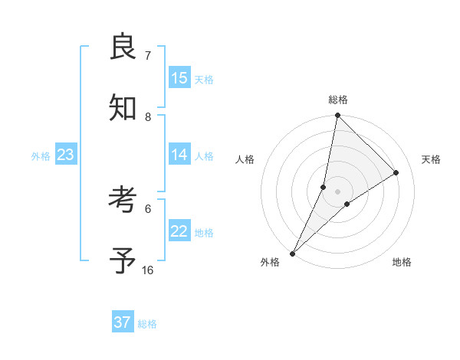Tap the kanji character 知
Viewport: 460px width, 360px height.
tap(123, 109)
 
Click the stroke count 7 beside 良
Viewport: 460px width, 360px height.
tap(147, 55)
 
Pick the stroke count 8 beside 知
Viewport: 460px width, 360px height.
tap(147, 116)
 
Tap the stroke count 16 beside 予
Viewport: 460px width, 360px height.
tap(148, 270)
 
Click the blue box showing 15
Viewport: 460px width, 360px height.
tap(179, 78)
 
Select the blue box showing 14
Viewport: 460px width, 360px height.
tap(179, 155)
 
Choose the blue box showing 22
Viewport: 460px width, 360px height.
tap(179, 231)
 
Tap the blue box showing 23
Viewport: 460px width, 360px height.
tap(66, 155)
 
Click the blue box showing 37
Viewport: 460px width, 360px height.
tap(123, 322)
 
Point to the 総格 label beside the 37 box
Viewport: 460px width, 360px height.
tap(147, 324)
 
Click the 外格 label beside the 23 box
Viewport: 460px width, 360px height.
tap(41, 156)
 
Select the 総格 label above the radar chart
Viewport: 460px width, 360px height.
tap(338, 100)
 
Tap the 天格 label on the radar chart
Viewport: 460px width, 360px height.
tap(432, 159)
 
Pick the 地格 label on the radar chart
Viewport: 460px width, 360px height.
tap(402, 262)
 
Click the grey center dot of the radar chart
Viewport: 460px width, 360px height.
tap(337, 191)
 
